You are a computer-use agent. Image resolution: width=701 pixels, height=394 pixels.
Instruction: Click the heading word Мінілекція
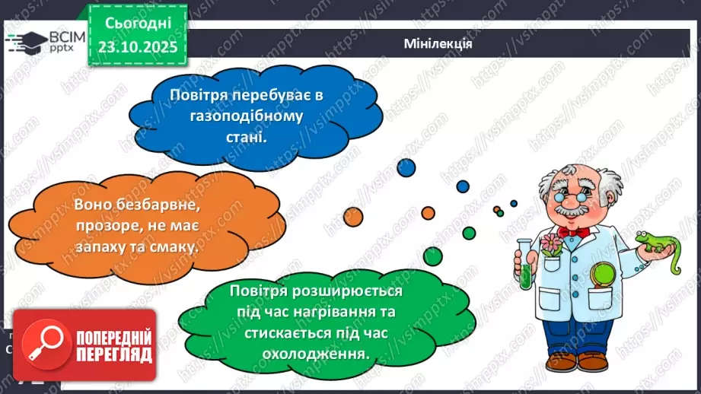pyautogui.click(x=438, y=43)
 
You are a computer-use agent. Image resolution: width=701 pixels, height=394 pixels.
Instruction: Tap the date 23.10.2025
pyautogui.click(x=137, y=47)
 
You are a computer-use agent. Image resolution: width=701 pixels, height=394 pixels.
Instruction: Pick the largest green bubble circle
pyautogui.click(x=433, y=256)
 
